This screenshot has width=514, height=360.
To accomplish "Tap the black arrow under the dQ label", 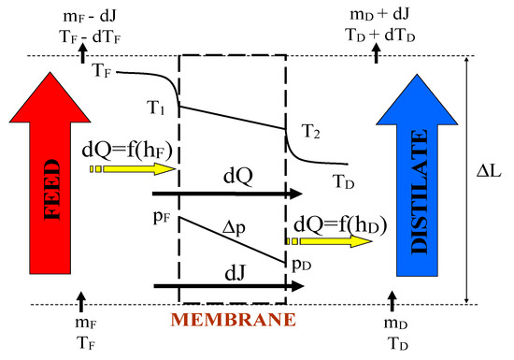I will pyautogui.click(x=228, y=194).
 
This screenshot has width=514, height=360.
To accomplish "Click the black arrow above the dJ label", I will pyautogui.click(x=228, y=286).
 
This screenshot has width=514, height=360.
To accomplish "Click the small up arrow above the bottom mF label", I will pyautogui.click(x=81, y=302).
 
